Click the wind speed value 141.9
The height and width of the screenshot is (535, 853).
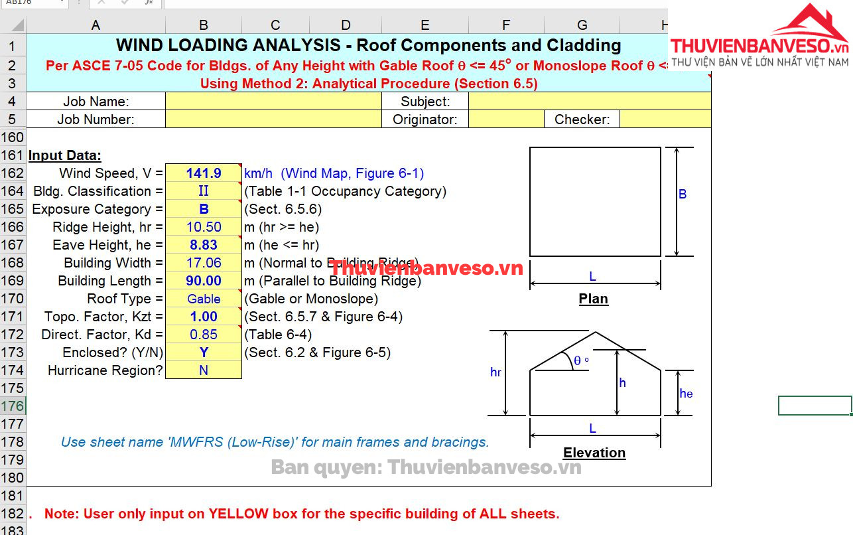tap(204, 173)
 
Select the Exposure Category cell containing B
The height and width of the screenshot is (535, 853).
tap(204, 209)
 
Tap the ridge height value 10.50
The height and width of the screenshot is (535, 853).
tap(204, 227)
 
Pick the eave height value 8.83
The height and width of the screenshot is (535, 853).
tap(204, 245)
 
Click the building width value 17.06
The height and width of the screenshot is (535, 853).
tap(204, 263)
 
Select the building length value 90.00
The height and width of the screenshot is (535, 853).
tap(204, 281)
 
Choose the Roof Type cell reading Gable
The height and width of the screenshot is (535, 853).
tap(204, 299)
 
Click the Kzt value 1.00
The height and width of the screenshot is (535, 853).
tap(204, 317)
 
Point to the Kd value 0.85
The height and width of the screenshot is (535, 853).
tap(204, 335)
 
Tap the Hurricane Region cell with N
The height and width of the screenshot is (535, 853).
tap(204, 370)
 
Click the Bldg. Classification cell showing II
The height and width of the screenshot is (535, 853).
tap(204, 191)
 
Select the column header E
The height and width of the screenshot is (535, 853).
tap(425, 25)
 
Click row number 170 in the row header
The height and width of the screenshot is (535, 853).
tap(13, 299)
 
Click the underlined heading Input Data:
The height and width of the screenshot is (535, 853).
tap(64, 155)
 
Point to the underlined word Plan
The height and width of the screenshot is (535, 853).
tap(593, 299)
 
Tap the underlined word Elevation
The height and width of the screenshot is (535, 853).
tap(594, 453)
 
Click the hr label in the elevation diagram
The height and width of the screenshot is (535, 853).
tap(495, 372)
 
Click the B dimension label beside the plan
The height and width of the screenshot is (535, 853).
tap(682, 194)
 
